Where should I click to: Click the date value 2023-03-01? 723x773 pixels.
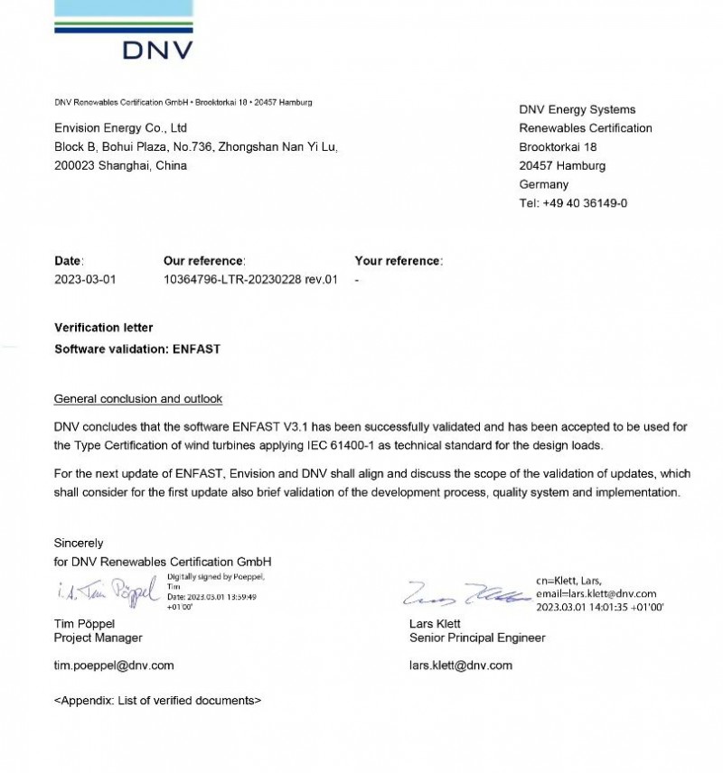pyautogui.click(x=85, y=279)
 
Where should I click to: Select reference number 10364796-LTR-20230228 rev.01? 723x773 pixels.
pyautogui.click(x=250, y=279)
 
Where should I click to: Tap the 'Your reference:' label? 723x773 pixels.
pyautogui.click(x=399, y=261)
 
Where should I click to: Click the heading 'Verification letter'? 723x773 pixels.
pyautogui.click(x=104, y=328)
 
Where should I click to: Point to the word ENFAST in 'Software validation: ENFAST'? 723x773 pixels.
pyautogui.click(x=196, y=348)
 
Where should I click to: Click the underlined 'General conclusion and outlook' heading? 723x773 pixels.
pyautogui.click(x=138, y=398)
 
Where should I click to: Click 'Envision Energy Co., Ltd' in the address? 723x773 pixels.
pyautogui.click(x=120, y=128)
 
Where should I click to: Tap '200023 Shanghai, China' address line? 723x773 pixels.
pyautogui.click(x=120, y=165)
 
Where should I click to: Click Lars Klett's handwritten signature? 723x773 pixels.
pyautogui.click(x=465, y=594)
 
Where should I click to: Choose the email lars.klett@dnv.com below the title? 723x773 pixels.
pyautogui.click(x=461, y=666)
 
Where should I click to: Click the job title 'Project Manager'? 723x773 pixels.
pyautogui.click(x=99, y=638)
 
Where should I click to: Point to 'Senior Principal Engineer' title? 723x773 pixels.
pyautogui.click(x=477, y=638)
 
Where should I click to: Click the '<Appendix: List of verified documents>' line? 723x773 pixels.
pyautogui.click(x=158, y=700)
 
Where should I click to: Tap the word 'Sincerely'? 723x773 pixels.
pyautogui.click(x=79, y=544)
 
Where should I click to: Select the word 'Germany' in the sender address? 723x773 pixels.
pyautogui.click(x=544, y=184)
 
